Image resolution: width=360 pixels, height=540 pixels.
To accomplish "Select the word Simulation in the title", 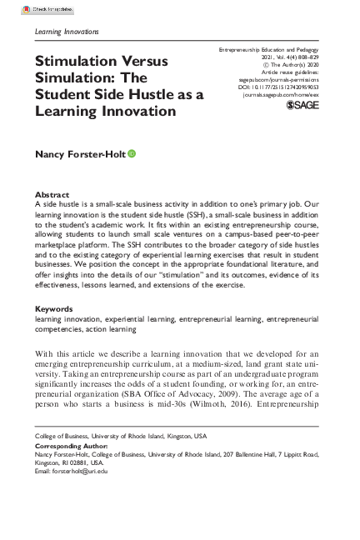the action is tap(74, 78).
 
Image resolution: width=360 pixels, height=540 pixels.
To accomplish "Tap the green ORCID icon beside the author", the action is tap(132, 154).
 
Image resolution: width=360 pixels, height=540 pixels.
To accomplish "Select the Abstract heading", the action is tap(52, 195).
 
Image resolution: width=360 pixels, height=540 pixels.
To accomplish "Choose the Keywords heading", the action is tap(54, 309).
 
